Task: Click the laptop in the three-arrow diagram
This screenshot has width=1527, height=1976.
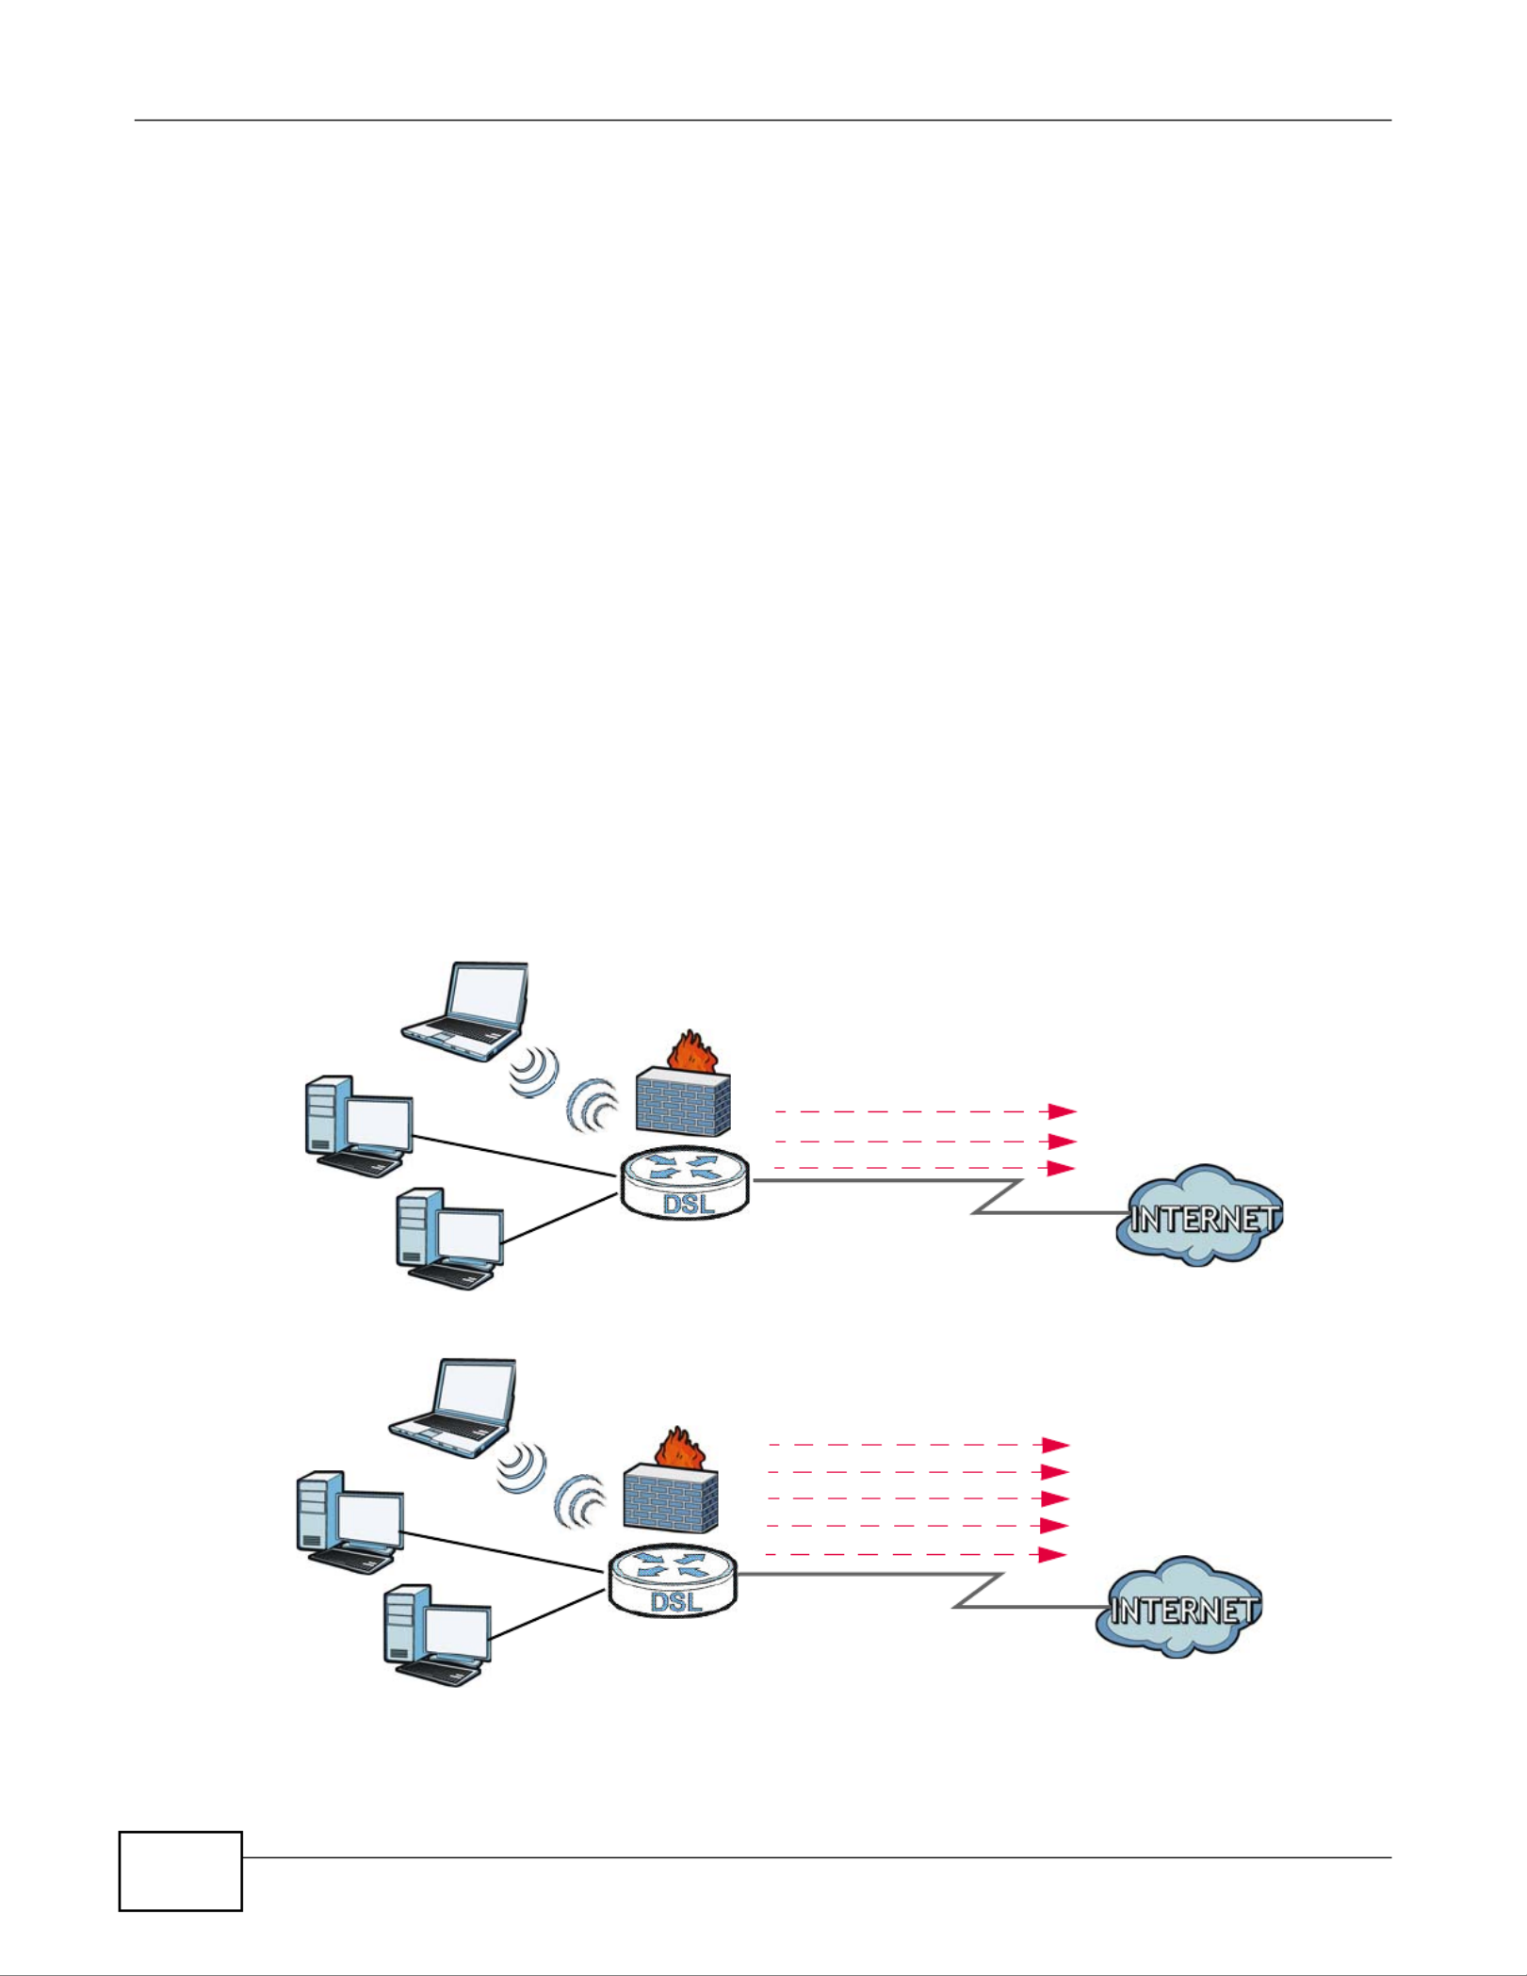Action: point(464,1012)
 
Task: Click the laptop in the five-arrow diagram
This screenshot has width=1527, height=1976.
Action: point(453,1408)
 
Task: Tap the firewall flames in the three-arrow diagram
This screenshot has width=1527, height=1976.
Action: point(693,1050)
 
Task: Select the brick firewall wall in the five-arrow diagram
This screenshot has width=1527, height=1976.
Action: point(671,1498)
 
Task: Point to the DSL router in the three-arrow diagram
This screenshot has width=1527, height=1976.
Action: point(685,1184)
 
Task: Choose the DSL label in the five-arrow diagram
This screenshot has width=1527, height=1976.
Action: point(676,1601)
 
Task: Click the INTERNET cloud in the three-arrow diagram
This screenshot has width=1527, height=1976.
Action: point(1200,1216)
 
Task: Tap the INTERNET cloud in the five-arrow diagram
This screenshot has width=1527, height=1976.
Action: point(1179,1608)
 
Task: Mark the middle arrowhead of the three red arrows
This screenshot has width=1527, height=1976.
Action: point(1062,1142)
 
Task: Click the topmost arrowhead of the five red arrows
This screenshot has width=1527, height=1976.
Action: point(1055,1445)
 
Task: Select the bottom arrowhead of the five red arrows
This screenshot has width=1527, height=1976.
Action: point(1052,1555)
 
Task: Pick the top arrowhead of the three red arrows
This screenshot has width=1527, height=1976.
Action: point(1063,1111)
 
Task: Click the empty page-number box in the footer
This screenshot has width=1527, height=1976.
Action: point(181,1871)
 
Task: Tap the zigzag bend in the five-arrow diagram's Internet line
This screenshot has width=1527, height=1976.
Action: point(979,1590)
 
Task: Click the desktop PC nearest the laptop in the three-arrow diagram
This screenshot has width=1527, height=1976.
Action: point(359,1126)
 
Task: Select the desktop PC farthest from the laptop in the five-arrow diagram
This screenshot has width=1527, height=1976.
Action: point(438,1636)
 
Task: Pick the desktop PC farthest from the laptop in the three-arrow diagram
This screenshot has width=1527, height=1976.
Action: point(450,1239)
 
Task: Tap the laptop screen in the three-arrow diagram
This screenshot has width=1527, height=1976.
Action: point(486,995)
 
